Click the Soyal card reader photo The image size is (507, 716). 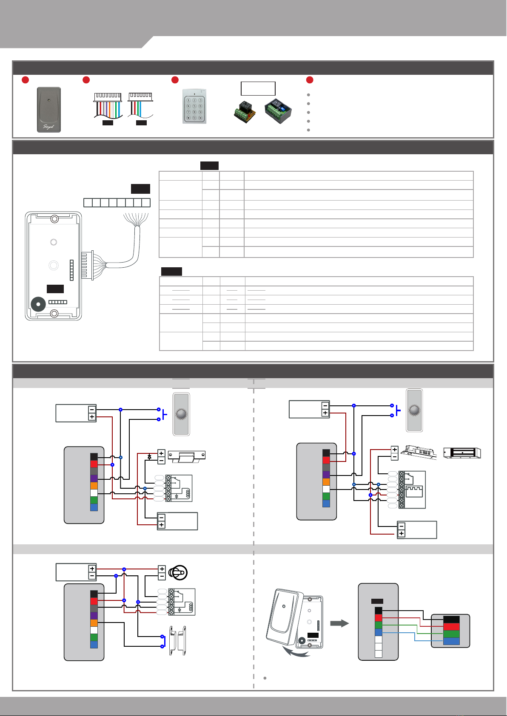(48, 109)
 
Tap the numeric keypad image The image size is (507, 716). (194, 106)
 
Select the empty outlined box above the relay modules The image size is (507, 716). (258, 88)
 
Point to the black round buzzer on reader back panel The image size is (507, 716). (38, 305)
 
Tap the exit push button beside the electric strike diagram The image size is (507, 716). (181, 414)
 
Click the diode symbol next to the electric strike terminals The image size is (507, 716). (149, 457)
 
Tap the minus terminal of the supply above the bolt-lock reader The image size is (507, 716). (325, 405)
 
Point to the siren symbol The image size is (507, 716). (178, 572)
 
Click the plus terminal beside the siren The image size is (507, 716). (161, 569)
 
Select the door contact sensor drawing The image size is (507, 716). (177, 640)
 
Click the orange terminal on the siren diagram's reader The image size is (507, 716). (94, 623)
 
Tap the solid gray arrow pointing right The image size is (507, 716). (339, 623)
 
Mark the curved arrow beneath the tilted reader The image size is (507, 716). (297, 652)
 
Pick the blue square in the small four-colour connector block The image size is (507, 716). (451, 641)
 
